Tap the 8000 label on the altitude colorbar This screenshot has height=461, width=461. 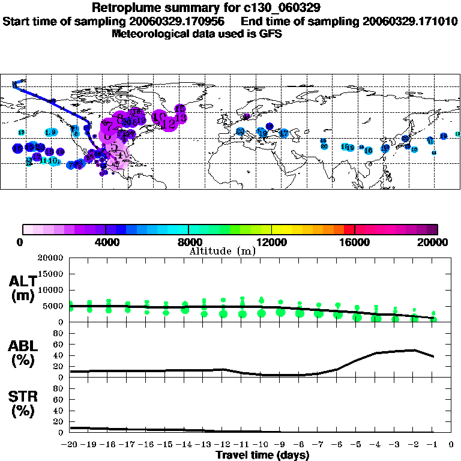[x=188, y=243]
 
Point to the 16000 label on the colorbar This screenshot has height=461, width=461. [x=355, y=243]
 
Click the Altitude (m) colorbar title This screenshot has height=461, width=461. [x=223, y=251]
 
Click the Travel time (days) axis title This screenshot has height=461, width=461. [x=262, y=455]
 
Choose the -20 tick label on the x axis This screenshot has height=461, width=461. [x=70, y=445]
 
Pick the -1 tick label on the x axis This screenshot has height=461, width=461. [x=432, y=445]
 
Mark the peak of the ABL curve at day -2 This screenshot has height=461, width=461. [x=414, y=349]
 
